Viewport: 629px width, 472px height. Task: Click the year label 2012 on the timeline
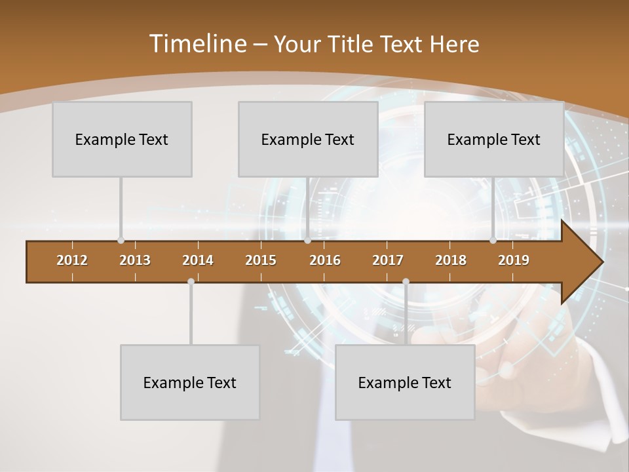[x=72, y=260]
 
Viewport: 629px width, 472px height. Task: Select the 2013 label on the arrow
[x=135, y=260]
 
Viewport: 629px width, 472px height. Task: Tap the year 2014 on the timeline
[x=198, y=260]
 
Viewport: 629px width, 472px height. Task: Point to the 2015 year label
[x=261, y=260]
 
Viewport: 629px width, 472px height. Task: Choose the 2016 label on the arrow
[x=325, y=260]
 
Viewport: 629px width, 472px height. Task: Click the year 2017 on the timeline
[x=388, y=260]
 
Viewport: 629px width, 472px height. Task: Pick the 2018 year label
[x=451, y=260]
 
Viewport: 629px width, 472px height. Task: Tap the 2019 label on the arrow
[x=514, y=260]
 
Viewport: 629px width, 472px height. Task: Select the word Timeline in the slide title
[x=197, y=44]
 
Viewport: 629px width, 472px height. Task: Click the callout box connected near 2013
[x=122, y=139]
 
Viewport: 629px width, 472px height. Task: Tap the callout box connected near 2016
[x=308, y=139]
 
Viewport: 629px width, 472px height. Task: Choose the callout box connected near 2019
[x=494, y=139]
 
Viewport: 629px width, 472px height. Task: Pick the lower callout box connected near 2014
[x=190, y=382]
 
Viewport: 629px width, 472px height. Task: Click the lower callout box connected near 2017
[x=405, y=382]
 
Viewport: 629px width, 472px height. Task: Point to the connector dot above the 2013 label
[x=121, y=241]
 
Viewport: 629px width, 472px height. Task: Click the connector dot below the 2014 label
[x=191, y=281]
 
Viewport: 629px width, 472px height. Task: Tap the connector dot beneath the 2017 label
[x=406, y=281]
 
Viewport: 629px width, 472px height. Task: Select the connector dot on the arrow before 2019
[x=493, y=241]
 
